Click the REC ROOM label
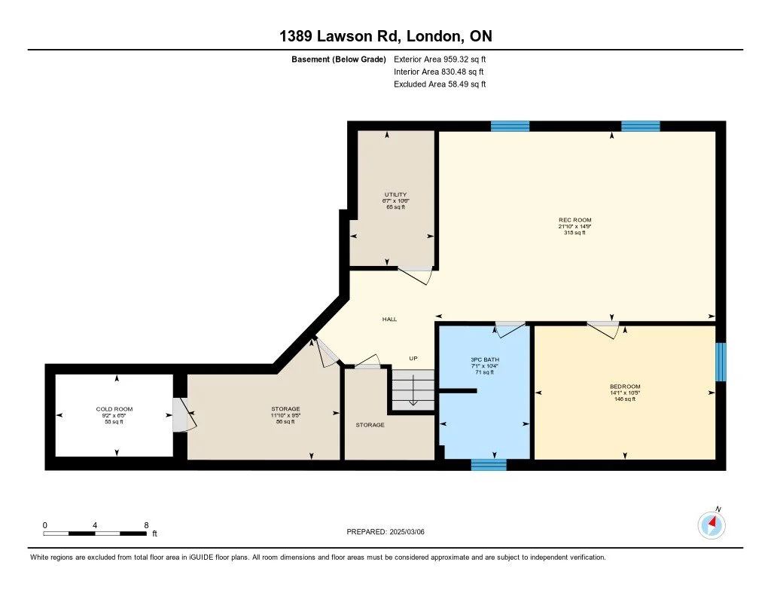tap(574, 220)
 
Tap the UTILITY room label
tap(395, 194)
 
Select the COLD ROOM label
tap(114, 409)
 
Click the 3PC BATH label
tap(485, 359)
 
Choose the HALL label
tap(389, 319)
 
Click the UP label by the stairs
tap(413, 359)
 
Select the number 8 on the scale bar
tap(146, 524)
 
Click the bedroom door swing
tap(604, 329)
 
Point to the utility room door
tap(415, 276)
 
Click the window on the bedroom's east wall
tap(721, 362)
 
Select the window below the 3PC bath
tap(489, 464)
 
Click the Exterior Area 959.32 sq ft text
tap(441, 59)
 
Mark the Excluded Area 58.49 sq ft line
tap(440, 84)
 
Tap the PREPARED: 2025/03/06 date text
tap(391, 531)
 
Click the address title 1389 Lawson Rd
tap(385, 36)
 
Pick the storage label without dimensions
tap(370, 425)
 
